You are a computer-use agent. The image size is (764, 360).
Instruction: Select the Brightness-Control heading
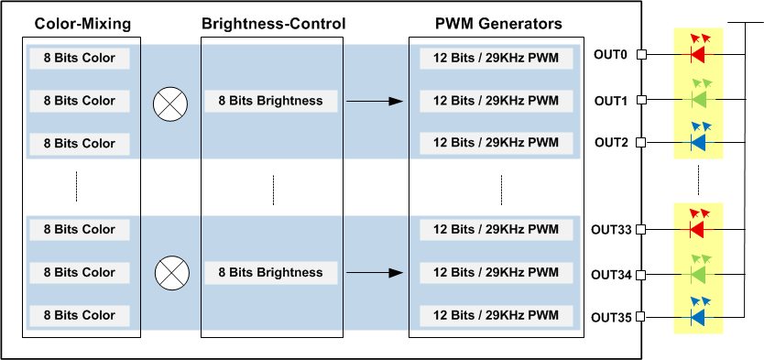273,23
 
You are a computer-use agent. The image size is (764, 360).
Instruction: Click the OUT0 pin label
610,55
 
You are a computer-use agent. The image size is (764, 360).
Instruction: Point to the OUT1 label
610,99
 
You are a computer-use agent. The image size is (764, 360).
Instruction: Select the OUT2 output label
610,142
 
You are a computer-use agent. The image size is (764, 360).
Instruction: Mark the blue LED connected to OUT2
697,142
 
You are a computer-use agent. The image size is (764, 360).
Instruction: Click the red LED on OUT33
697,229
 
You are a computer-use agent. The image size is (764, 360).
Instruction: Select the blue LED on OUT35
697,317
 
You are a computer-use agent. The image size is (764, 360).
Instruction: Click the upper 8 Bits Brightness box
272,101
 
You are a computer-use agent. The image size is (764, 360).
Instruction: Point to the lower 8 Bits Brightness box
272,272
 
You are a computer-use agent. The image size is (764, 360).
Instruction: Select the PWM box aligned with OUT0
496,58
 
